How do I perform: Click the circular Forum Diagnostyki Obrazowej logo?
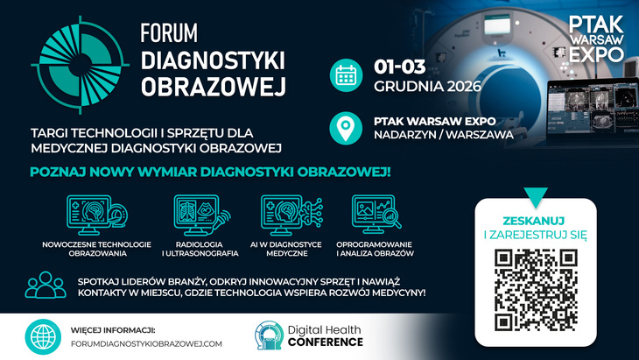(81, 65)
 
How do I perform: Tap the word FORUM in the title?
(169, 33)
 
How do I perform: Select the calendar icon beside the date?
(346, 75)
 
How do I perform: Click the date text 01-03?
(400, 67)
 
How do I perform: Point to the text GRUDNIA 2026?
(427, 87)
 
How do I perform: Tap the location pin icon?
(346, 128)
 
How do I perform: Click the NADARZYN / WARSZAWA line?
(444, 135)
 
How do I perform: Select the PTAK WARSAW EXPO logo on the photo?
(596, 39)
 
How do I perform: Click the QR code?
(536, 290)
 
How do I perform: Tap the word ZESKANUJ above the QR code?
(534, 221)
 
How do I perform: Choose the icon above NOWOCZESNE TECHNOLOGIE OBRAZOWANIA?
(97, 215)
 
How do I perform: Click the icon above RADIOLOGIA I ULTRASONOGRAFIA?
(201, 215)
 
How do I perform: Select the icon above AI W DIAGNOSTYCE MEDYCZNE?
(291, 215)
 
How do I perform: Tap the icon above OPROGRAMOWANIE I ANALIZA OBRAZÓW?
(376, 214)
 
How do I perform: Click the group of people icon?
(46, 285)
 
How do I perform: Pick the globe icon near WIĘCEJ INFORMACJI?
(43, 336)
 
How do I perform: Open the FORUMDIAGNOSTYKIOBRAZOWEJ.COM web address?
(146, 344)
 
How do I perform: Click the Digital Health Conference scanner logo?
(269, 335)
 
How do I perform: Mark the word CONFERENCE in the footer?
(326, 342)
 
